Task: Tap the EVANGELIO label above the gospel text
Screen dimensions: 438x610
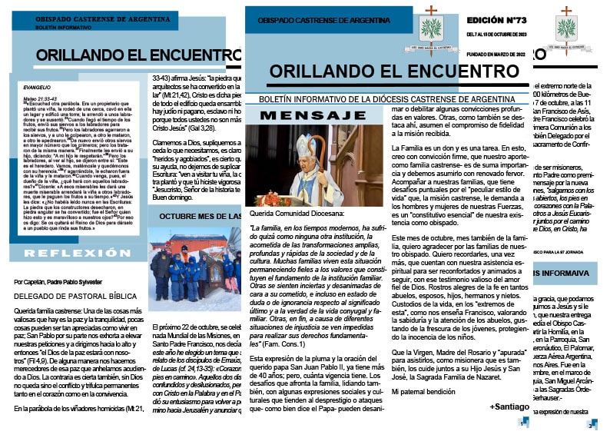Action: pyautogui.click(x=37, y=88)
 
